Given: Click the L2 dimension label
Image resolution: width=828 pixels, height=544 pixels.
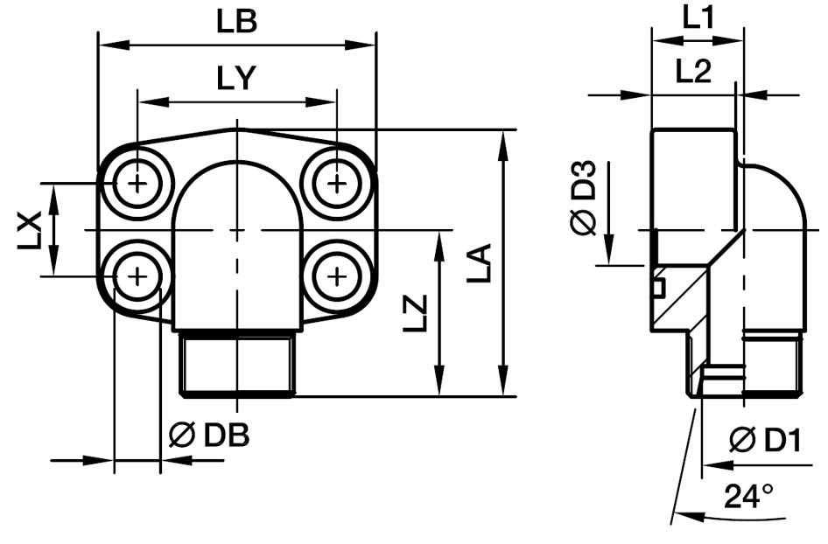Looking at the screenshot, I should (693, 73).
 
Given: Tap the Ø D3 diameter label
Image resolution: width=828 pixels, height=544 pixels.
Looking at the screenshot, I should (584, 199).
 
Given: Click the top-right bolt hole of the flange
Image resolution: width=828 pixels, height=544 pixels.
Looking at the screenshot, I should (337, 184).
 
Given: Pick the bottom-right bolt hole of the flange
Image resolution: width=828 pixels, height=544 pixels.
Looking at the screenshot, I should (337, 276).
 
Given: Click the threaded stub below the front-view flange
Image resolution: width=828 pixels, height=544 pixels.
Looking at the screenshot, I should (237, 363).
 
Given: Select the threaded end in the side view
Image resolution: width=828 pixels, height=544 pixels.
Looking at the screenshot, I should (770, 367).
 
